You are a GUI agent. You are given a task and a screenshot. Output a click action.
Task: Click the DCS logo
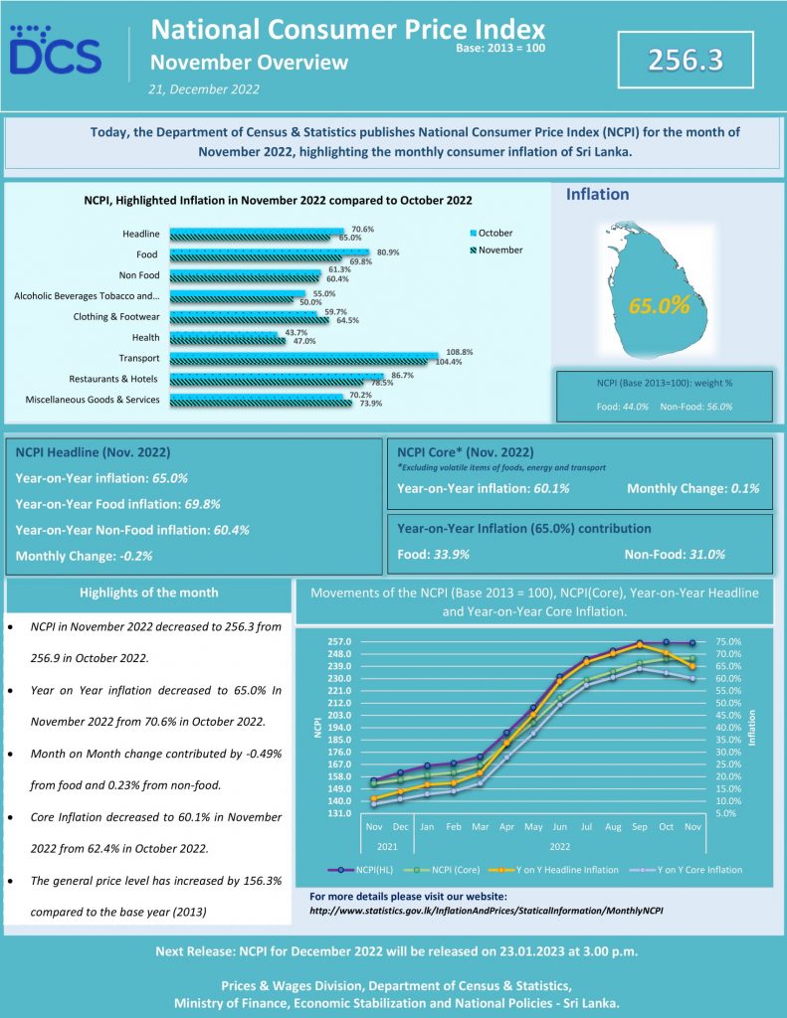[x=56, y=50]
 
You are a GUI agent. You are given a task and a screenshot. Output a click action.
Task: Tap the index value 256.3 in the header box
[x=685, y=60]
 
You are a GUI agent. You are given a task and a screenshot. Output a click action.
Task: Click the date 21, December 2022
[x=203, y=89]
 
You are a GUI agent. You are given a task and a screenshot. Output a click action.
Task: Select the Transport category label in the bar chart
[x=139, y=358]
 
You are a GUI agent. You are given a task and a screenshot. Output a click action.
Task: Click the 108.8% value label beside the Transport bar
[x=460, y=352]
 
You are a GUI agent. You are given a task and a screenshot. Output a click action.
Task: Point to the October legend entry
[x=492, y=233]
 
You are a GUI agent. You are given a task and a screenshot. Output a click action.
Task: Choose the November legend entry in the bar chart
[x=496, y=250]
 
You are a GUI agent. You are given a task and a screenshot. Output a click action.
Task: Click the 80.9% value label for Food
[x=388, y=252]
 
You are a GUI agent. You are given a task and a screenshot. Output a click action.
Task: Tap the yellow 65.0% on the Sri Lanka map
[x=659, y=305]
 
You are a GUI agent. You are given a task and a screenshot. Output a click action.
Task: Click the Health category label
[x=145, y=338]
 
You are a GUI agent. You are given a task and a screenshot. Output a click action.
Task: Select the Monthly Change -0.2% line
[x=84, y=556]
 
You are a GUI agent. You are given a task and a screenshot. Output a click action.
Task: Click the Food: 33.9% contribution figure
[x=434, y=555]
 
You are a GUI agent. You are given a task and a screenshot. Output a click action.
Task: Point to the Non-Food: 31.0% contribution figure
[x=675, y=555]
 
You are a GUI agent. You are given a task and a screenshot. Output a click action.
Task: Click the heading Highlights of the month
[x=149, y=593]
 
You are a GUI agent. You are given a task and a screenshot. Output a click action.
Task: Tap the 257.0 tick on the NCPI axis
[x=339, y=641]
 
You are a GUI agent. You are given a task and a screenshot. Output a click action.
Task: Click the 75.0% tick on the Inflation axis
[x=728, y=641]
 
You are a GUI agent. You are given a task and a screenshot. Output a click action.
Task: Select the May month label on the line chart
[x=533, y=827]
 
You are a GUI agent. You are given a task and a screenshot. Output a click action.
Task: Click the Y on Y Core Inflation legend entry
[x=687, y=870]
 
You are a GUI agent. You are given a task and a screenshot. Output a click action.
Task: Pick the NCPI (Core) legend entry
[x=443, y=870]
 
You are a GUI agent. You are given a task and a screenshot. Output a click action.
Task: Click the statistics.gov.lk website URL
[x=487, y=911]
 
